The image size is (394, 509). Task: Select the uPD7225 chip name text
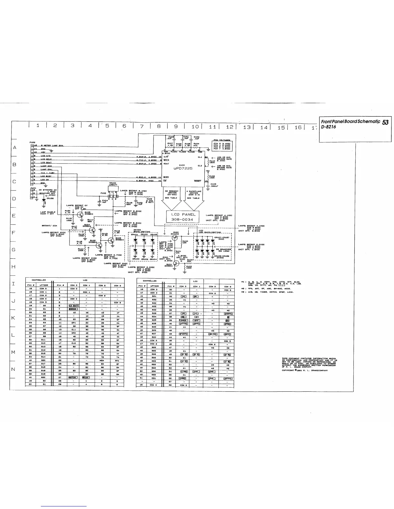click(183, 168)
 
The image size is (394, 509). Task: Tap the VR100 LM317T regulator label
click(113, 184)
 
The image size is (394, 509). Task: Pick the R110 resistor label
click(212, 161)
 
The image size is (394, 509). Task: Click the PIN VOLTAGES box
click(224, 144)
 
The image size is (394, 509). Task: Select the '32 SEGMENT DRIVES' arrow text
click(171, 194)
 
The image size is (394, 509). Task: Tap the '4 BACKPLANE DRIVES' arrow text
click(194, 194)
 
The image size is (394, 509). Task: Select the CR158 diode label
click(50, 198)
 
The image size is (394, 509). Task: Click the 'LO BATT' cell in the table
click(74, 306)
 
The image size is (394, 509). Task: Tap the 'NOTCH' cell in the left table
click(74, 377)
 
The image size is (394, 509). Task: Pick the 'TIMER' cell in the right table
click(183, 320)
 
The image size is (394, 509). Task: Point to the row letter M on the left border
click(14, 352)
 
